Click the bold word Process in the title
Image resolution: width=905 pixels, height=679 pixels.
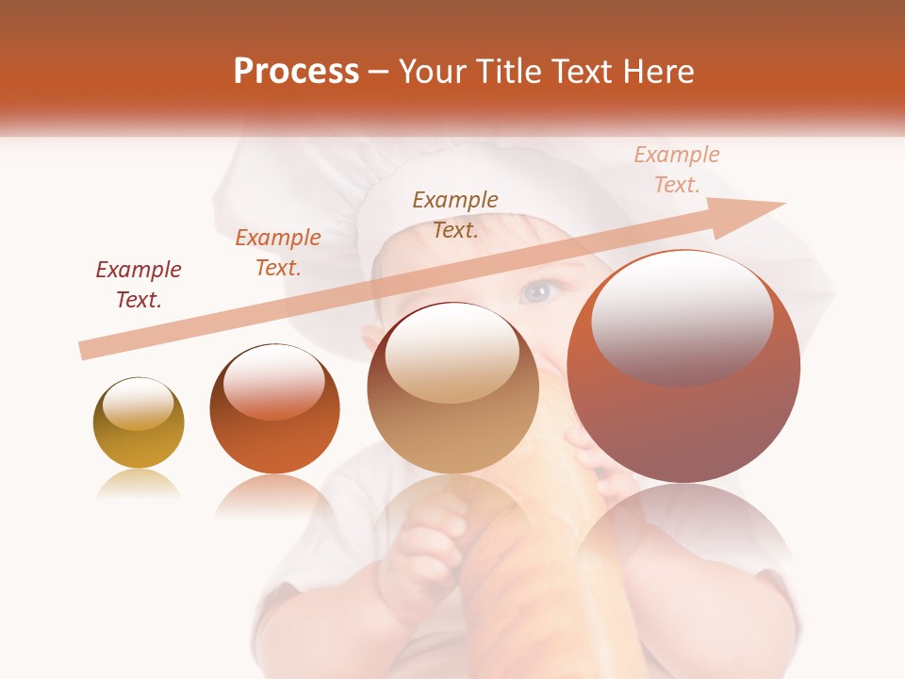point(296,72)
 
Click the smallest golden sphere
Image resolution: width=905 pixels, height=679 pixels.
point(139,423)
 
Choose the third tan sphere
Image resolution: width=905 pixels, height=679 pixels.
point(452,388)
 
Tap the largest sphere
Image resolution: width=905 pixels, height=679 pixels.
point(683,367)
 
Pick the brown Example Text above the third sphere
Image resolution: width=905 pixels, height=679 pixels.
point(455,214)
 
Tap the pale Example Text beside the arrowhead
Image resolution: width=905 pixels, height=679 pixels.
point(677,170)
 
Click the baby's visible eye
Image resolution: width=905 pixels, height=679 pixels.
point(537,291)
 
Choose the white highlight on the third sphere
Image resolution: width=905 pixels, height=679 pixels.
point(452,352)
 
